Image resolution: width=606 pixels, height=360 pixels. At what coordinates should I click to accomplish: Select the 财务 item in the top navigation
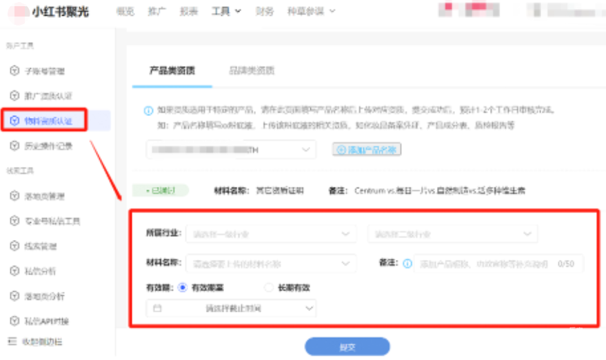264,11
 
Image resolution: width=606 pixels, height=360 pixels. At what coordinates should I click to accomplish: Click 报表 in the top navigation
188,11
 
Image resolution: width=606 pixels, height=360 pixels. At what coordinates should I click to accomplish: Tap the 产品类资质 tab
172,70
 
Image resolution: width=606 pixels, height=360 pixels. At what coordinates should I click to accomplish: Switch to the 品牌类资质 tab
252,70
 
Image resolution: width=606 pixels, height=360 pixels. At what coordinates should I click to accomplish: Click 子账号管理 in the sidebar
45,71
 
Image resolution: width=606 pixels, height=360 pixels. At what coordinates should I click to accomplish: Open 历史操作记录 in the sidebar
48,146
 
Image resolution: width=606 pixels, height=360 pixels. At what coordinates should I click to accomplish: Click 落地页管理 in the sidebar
45,197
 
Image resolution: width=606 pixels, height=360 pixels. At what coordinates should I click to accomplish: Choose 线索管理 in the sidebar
41,246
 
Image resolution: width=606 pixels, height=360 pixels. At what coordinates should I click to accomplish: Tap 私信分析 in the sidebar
41,271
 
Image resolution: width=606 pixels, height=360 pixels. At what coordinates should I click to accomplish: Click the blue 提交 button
347,347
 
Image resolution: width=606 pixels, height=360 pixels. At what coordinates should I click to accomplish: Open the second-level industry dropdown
452,234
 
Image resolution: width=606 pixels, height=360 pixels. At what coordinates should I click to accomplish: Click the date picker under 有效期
231,309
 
